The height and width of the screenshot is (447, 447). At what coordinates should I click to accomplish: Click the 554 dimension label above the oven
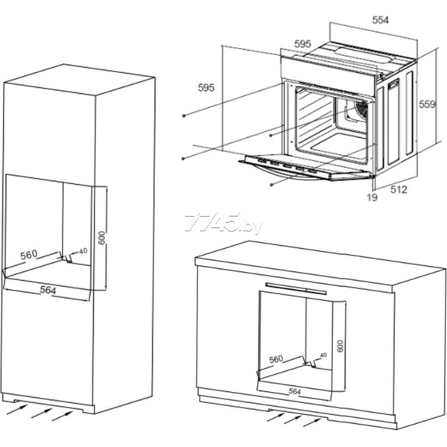pos(380,20)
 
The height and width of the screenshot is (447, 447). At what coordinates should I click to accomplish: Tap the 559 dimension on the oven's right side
pos(427,104)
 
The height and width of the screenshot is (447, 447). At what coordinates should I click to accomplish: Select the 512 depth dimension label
pos(399,189)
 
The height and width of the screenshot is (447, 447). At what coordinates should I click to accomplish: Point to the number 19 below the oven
pos(372,197)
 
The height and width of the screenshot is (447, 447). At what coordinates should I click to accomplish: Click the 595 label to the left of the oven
pos(206,87)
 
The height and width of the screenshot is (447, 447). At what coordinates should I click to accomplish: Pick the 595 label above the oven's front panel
pos(302,44)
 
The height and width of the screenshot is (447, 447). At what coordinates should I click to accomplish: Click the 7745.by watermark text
pos(223,223)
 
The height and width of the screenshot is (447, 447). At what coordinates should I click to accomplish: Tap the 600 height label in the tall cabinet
pos(102,238)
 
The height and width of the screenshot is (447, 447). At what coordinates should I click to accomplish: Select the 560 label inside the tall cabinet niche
pos(29,255)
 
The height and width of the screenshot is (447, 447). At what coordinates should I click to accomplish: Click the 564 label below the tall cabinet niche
pos(48,290)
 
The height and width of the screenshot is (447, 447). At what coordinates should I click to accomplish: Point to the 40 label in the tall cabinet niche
pos(83,251)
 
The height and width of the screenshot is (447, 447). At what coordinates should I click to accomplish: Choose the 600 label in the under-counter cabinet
pos(340,346)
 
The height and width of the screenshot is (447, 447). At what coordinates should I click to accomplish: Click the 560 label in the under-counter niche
pos(276,359)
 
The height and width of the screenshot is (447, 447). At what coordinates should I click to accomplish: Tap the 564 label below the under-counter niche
pos(294,392)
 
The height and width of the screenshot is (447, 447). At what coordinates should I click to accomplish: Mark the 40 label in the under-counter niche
pos(323,355)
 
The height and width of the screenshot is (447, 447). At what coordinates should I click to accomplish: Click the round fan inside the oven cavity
pos(361,110)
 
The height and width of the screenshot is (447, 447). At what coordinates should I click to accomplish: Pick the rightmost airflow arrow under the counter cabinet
pos(312,422)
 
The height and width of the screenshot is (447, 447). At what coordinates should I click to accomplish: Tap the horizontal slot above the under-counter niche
pos(296,288)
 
